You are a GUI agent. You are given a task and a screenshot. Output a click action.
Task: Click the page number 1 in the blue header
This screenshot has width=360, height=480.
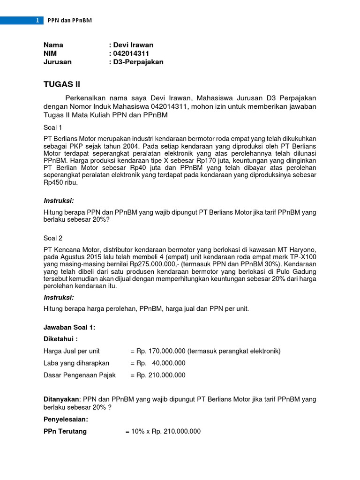[x=37, y=21]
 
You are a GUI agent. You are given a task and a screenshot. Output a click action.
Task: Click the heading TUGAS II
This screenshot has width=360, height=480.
[x=62, y=84]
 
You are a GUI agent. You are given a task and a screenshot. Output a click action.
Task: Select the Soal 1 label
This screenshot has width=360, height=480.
[x=52, y=127]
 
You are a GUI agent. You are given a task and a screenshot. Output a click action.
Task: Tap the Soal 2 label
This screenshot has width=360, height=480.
[x=53, y=238]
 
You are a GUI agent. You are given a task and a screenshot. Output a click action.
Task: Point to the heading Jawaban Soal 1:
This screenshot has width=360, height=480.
[x=69, y=328]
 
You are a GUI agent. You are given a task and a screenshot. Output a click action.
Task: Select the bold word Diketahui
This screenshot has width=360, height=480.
[x=60, y=339]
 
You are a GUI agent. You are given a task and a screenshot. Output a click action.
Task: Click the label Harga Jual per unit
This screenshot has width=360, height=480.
[x=72, y=351]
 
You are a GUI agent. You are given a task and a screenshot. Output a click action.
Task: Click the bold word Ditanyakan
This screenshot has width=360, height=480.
[x=61, y=399]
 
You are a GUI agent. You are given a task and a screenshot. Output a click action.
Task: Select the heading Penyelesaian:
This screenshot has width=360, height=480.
[x=66, y=420]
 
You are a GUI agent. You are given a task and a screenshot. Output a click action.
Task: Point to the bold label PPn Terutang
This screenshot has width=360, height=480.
[x=65, y=431]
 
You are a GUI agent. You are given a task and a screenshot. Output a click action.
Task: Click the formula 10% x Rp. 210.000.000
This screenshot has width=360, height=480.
[x=163, y=431]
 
